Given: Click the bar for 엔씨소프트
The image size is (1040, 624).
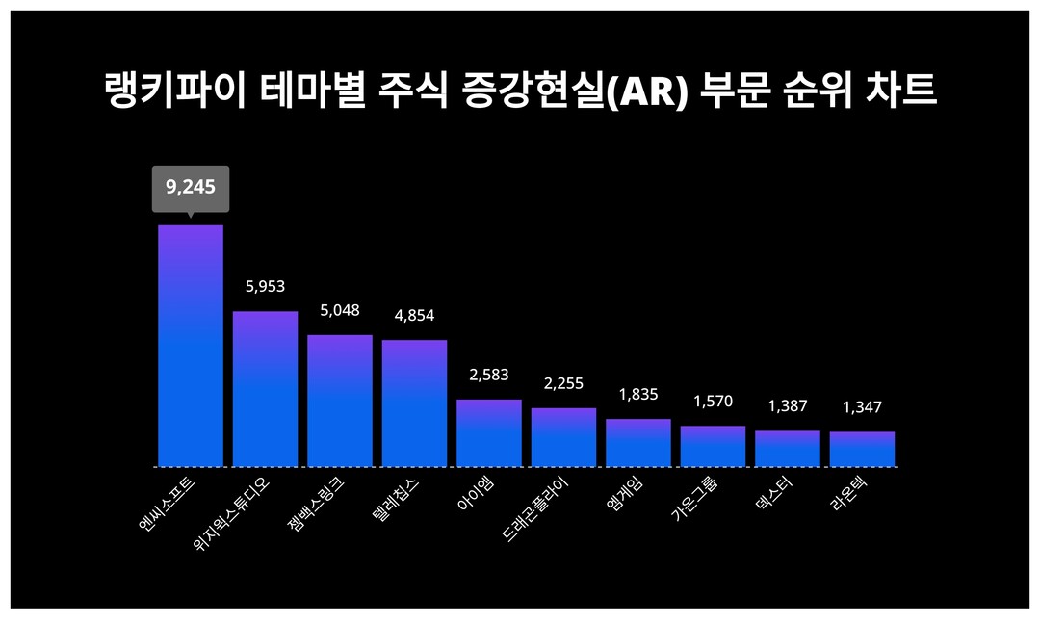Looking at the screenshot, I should (x=191, y=346).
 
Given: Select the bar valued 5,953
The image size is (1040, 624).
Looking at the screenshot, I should (x=265, y=389).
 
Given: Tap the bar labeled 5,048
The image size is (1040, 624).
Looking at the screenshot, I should (x=340, y=401).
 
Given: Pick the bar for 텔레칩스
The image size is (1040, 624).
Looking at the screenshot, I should (x=414, y=403).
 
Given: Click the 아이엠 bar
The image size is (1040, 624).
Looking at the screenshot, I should (x=489, y=433).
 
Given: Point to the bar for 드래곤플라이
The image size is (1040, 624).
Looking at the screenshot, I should (x=563, y=437).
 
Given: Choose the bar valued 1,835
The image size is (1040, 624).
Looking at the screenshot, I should (x=638, y=443).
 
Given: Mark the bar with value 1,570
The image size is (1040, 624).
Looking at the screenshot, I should (x=713, y=446).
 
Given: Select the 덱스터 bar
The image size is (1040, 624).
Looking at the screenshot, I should (x=788, y=449).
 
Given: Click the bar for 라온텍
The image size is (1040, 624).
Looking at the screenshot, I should (x=862, y=449).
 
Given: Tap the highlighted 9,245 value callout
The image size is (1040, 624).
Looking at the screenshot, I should (x=191, y=187).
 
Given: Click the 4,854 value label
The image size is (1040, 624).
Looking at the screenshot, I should (x=414, y=316).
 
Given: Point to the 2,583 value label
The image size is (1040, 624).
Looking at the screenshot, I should (x=489, y=375).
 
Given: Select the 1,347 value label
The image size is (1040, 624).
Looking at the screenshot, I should (x=862, y=407).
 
